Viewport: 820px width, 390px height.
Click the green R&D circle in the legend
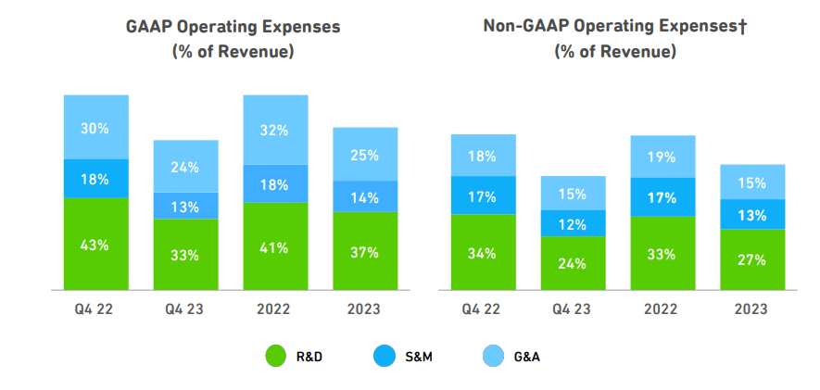[276, 354]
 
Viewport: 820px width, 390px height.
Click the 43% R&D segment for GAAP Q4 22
[95, 245]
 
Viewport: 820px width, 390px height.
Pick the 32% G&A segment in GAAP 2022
[275, 130]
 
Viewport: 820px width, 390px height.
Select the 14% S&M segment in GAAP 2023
[364, 196]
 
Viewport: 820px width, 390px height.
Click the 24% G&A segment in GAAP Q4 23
[185, 167]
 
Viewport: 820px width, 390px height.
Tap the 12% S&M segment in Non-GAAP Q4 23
[573, 223]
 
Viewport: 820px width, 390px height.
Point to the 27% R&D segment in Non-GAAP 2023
[752, 259]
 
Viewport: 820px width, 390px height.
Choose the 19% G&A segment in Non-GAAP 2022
[662, 157]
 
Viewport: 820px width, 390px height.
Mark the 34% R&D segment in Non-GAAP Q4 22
[483, 253]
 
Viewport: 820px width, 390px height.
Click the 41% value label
[275, 248]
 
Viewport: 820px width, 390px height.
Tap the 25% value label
[364, 155]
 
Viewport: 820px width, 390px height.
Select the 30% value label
[95, 129]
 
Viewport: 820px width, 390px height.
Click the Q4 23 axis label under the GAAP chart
[185, 308]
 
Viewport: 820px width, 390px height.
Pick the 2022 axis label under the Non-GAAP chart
[662, 308]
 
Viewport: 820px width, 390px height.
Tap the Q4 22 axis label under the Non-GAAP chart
[483, 308]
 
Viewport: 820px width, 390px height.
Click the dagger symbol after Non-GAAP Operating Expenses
[742, 26]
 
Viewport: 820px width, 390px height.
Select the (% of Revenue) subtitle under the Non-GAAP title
[615, 52]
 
